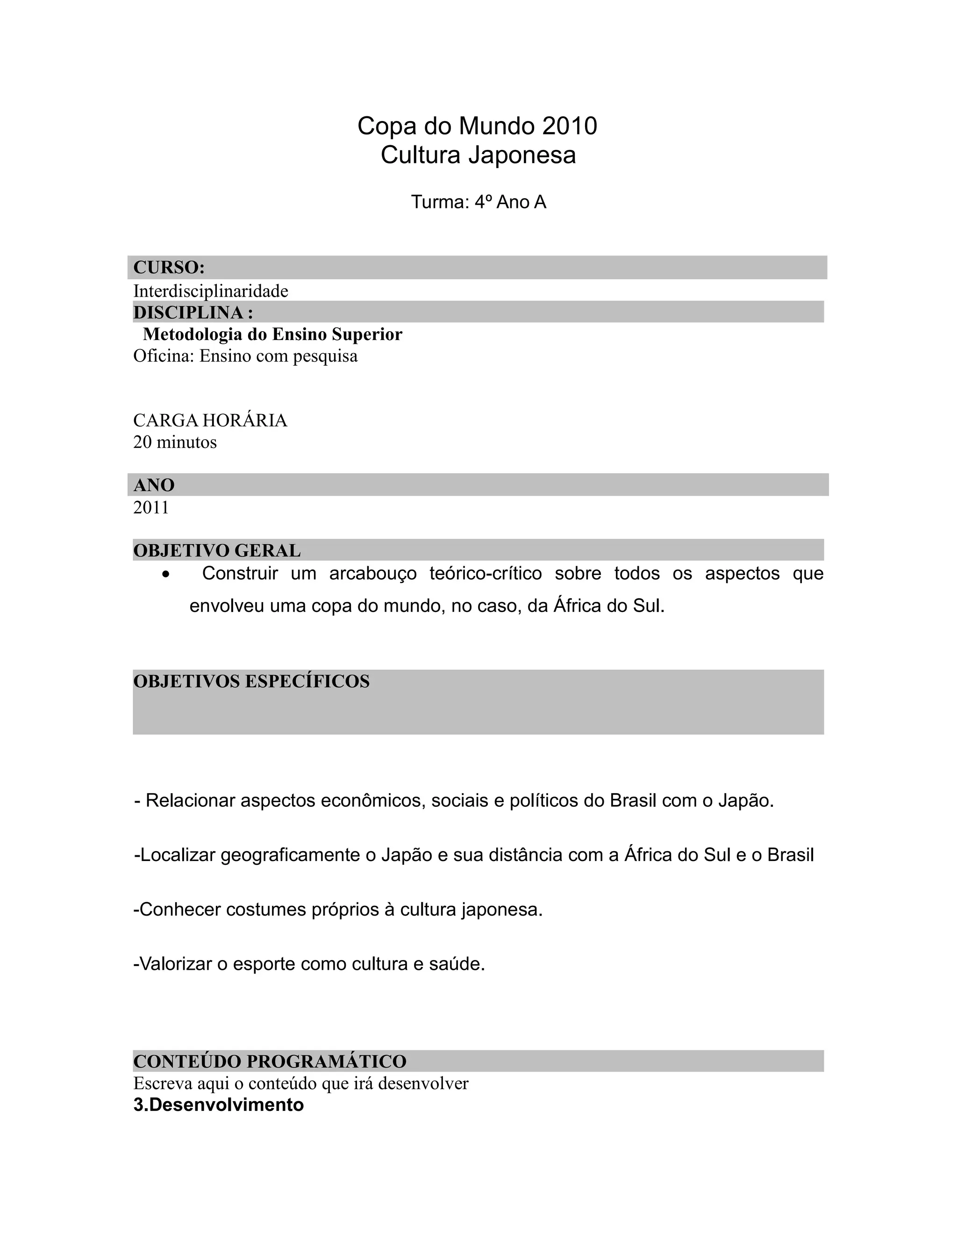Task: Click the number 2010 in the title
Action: coord(569,126)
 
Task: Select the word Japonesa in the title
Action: coord(521,155)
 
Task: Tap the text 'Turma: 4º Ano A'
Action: coord(478,202)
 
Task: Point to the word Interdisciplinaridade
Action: coord(211,292)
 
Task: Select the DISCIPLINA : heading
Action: coord(193,313)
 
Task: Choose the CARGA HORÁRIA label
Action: coord(210,420)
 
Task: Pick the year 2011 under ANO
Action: coord(151,507)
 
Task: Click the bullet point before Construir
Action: coord(165,575)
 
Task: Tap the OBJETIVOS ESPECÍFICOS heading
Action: coord(251,681)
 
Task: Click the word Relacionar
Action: coord(190,801)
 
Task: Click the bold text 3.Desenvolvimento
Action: coord(218,1105)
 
